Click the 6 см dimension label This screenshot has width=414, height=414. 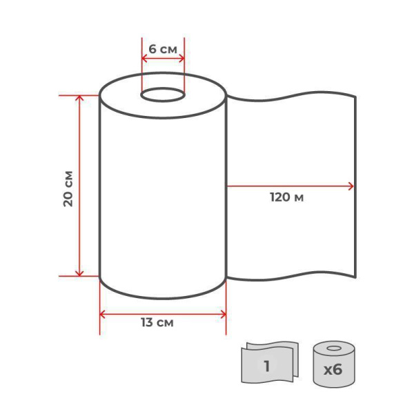click(163, 49)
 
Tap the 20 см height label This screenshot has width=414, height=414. click(68, 189)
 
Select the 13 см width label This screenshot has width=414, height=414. click(157, 323)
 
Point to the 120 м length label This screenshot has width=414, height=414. click(287, 197)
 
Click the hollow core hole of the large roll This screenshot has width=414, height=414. click(163, 95)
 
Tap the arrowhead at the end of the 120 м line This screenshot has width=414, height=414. click(351, 186)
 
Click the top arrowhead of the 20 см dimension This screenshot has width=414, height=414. click(79, 98)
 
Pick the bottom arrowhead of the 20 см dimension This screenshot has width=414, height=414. click(79, 273)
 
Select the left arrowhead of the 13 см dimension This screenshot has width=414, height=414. click(102, 315)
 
